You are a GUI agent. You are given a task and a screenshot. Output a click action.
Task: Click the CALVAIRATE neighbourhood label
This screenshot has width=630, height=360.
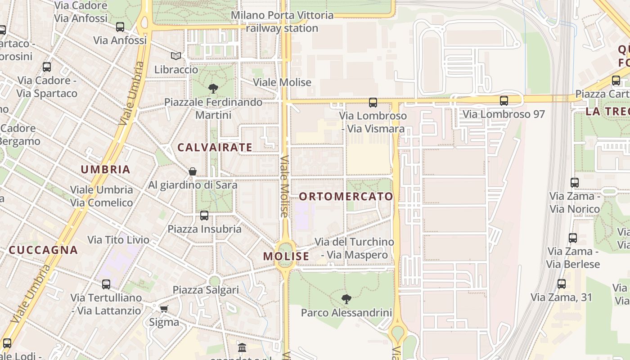[x=215, y=147]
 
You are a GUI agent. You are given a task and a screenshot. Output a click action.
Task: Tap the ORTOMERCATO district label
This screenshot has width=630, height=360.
[x=346, y=197]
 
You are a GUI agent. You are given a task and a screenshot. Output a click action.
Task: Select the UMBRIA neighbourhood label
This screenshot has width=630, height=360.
[x=105, y=170]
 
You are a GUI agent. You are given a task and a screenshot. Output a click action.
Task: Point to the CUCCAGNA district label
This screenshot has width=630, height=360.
[x=43, y=250]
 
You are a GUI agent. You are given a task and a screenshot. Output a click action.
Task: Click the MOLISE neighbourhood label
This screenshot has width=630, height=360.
[x=286, y=256]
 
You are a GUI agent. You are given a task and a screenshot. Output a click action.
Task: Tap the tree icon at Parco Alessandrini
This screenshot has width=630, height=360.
[x=346, y=299]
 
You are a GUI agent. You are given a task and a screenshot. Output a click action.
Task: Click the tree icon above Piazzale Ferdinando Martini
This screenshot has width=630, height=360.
[x=213, y=89]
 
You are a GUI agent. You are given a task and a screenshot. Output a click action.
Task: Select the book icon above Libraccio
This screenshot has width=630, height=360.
[x=176, y=56]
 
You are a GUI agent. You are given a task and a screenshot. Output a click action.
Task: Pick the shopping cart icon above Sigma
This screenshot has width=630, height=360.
[x=164, y=309]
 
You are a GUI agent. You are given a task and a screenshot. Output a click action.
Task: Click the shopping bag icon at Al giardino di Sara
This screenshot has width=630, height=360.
[x=193, y=171]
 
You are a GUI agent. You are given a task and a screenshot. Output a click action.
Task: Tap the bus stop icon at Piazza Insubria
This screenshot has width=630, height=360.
[x=204, y=216]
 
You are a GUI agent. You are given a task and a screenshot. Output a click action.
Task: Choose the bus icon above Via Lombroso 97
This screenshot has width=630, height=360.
[x=504, y=101]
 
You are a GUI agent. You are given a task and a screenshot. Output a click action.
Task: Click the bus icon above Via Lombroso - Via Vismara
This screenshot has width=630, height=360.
[x=373, y=103]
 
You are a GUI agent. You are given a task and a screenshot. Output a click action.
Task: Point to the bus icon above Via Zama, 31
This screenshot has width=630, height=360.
[x=561, y=284]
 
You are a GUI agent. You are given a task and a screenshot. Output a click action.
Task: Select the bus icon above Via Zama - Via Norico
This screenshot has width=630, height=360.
[x=575, y=183]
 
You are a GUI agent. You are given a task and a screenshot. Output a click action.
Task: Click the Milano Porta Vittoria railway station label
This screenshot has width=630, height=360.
[x=283, y=22]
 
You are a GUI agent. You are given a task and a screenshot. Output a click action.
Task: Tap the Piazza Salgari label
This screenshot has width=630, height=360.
[x=206, y=290]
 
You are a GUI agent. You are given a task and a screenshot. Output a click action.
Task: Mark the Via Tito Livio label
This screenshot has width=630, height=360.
[x=118, y=240]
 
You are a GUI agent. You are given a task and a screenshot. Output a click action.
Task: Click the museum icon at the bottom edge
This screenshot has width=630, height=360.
[x=242, y=348]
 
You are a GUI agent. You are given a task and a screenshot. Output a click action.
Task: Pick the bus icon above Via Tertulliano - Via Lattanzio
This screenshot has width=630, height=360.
[x=106, y=284]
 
